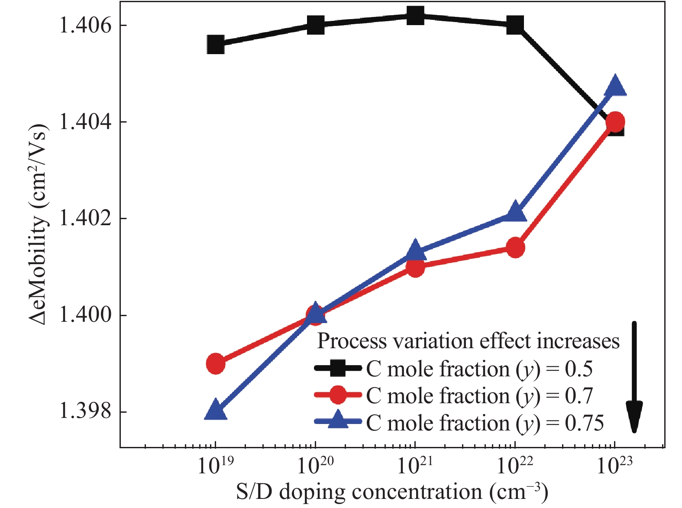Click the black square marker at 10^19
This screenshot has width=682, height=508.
coord(216,44)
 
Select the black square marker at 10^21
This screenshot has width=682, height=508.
coord(415,16)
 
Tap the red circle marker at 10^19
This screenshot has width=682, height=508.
coord(216,363)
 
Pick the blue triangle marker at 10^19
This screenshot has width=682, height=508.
coord(216,410)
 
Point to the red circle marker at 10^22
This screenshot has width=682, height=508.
coord(515,248)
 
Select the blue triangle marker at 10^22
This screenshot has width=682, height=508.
coord(515,212)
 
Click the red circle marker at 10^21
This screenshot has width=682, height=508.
coord(415,267)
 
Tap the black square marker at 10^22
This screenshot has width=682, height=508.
coord(515,25)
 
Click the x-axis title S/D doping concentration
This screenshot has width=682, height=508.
coord(392,492)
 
